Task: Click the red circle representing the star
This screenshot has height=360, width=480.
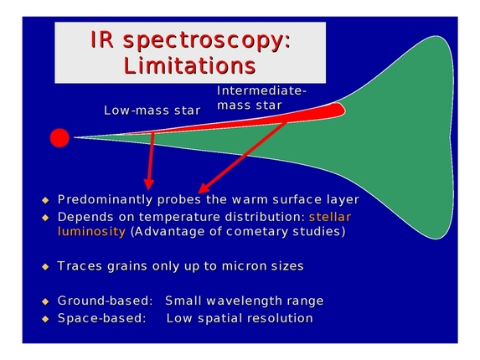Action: coord(59,137)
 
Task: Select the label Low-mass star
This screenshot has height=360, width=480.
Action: coord(152,110)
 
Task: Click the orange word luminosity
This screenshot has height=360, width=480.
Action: coord(91,231)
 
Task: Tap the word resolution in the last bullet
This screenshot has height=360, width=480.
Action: coord(278,318)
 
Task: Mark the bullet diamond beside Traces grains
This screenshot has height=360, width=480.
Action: coord(46,266)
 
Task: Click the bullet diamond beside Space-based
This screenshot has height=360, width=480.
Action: coord(46,319)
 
